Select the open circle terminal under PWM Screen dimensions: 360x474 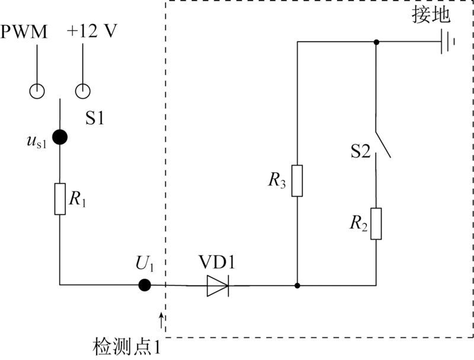[37, 91]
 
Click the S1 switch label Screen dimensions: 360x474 [95, 118]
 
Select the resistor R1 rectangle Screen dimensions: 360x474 [60, 199]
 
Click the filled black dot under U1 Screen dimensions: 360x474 [144, 285]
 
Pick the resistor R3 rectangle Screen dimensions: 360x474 [297, 180]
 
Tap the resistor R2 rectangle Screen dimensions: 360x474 [376, 223]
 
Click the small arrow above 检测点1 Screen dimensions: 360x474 [162, 321]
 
